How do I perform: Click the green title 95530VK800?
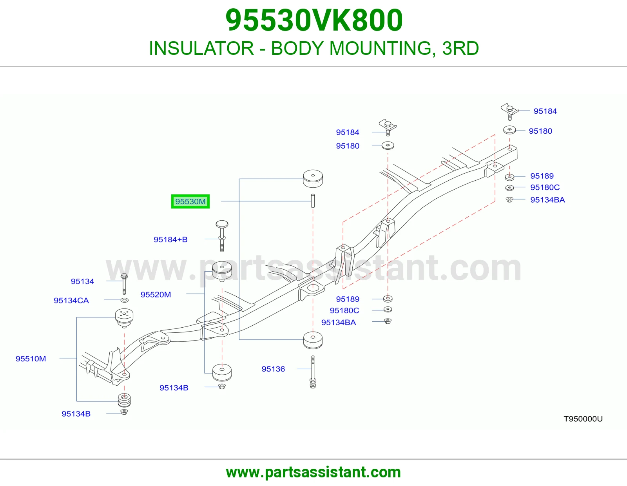(314, 20)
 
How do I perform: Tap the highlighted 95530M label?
(190, 201)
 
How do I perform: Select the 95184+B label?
(170, 239)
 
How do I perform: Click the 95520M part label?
(156, 294)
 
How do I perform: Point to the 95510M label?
(31, 359)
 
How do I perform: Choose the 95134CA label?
(71, 301)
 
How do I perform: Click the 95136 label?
(273, 369)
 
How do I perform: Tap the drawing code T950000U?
(583, 419)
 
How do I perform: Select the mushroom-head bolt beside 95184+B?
(222, 236)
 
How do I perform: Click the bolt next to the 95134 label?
(124, 284)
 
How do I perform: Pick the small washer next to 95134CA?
(124, 301)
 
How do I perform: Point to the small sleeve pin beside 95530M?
(313, 201)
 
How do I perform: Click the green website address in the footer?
(313, 472)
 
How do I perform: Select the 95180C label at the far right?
(545, 187)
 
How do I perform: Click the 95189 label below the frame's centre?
(348, 299)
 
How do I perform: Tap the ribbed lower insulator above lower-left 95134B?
(124, 400)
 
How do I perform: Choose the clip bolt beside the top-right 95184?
(509, 111)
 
